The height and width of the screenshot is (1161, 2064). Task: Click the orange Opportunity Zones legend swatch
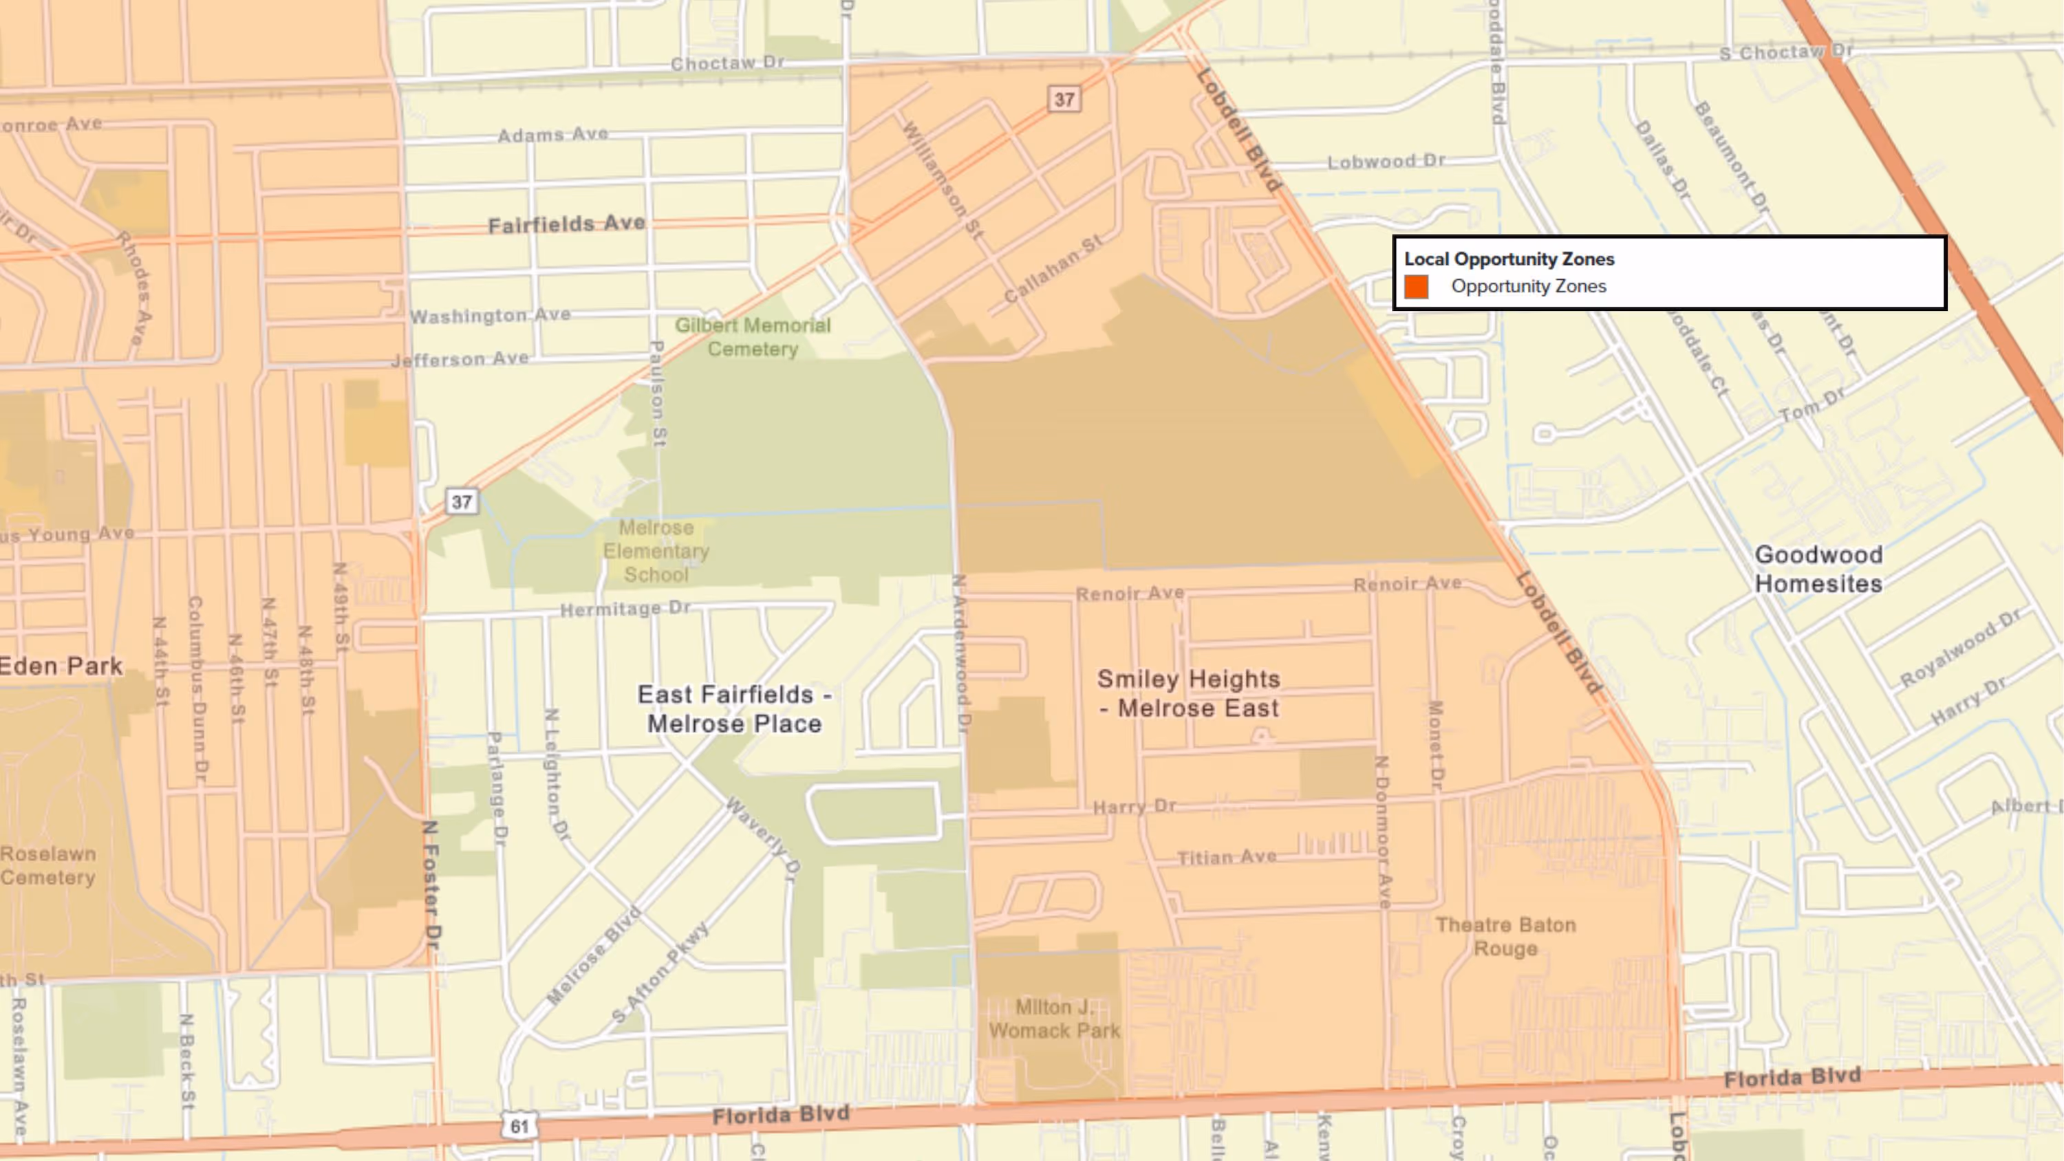point(1416,287)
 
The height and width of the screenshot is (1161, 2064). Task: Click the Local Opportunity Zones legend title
point(1509,259)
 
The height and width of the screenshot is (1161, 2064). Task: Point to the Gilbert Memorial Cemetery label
point(753,337)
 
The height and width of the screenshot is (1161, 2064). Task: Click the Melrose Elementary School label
point(656,551)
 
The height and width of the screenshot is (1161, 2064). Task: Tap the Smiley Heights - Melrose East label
point(1189,694)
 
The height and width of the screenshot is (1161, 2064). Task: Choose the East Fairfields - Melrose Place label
point(734,709)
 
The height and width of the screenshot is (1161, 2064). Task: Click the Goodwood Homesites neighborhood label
point(1818,569)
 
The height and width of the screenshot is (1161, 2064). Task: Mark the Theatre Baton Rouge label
point(1505,937)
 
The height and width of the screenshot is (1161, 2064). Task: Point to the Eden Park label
point(61,666)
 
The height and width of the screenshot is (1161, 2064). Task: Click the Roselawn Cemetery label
point(48,865)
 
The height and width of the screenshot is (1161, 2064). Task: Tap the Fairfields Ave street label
point(566,224)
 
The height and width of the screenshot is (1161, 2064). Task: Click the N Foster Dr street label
point(432,884)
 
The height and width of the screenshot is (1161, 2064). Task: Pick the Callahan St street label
point(1053,268)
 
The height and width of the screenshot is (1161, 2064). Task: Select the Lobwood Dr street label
point(1386,161)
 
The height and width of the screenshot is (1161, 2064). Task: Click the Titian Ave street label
point(1226,857)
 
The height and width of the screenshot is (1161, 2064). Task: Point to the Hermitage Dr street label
point(624,609)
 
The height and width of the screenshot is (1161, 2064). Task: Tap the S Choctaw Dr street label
point(1786,52)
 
